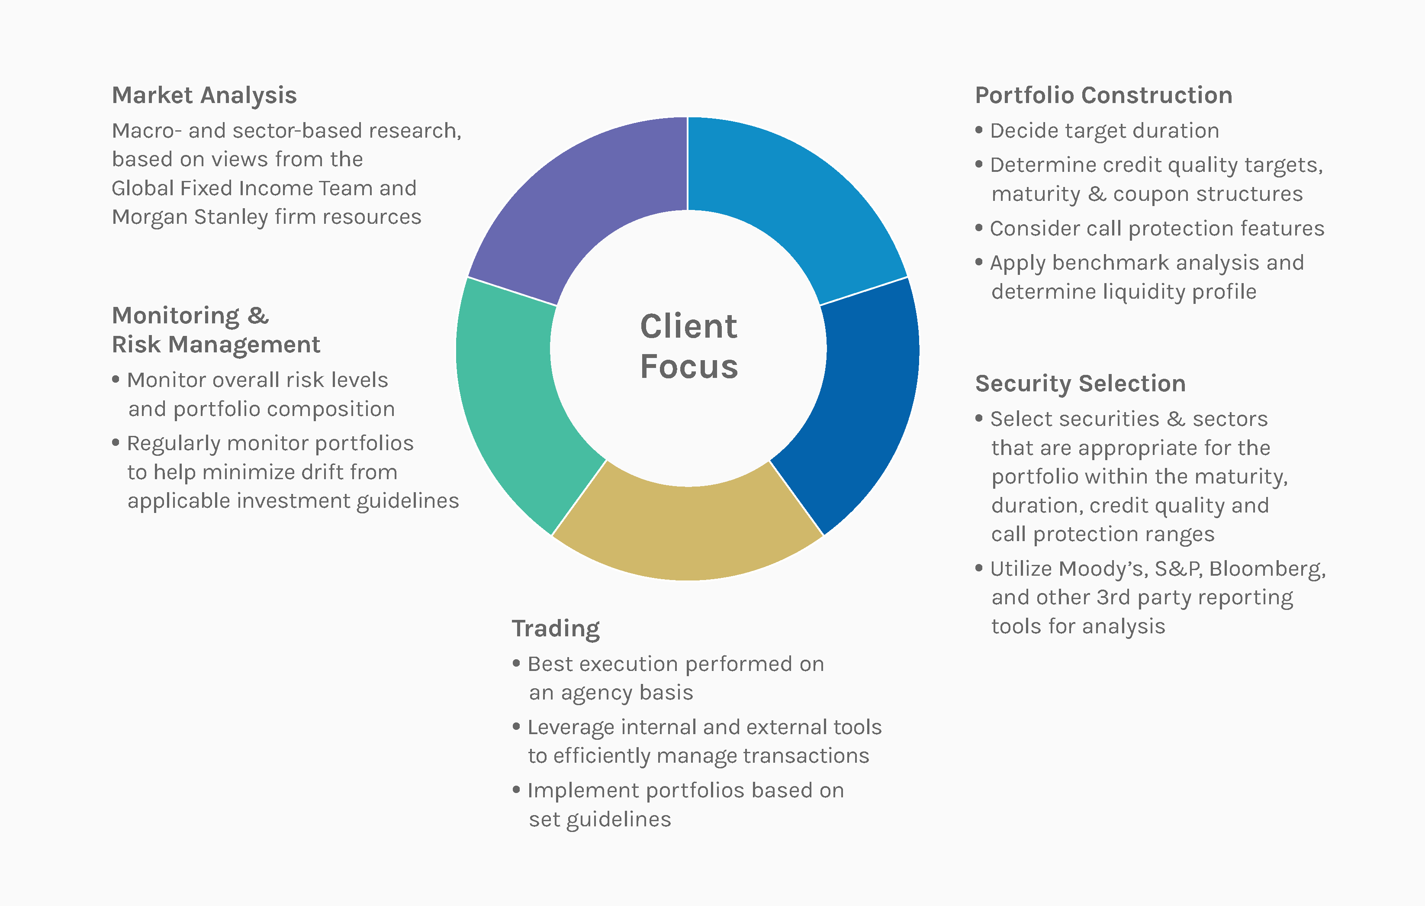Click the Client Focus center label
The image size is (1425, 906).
tap(689, 346)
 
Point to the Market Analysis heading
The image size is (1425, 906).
tap(204, 96)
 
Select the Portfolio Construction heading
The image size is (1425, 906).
tap(1103, 96)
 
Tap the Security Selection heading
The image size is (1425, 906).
tap(1081, 384)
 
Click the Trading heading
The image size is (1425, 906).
tap(556, 629)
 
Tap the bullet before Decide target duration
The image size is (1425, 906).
tap(979, 129)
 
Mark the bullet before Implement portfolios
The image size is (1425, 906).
tap(516, 790)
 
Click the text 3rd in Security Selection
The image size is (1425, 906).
tap(1113, 598)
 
